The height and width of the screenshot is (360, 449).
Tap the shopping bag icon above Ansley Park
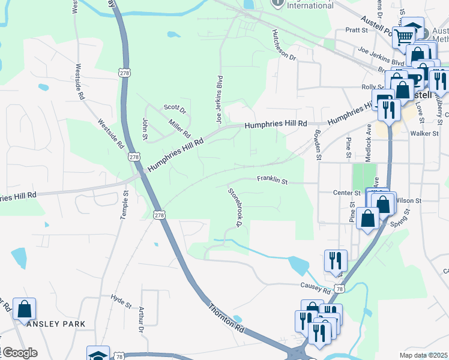point(25,310)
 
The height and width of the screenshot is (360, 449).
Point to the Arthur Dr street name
point(142,320)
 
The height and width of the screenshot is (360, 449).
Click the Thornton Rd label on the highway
point(226,317)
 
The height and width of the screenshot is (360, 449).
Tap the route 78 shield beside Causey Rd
point(340,289)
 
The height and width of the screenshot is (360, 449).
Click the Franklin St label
point(273,179)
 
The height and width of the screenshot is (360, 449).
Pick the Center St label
point(346,193)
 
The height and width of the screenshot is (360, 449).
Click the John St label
point(145,128)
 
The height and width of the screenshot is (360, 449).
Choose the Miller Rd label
point(179,127)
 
